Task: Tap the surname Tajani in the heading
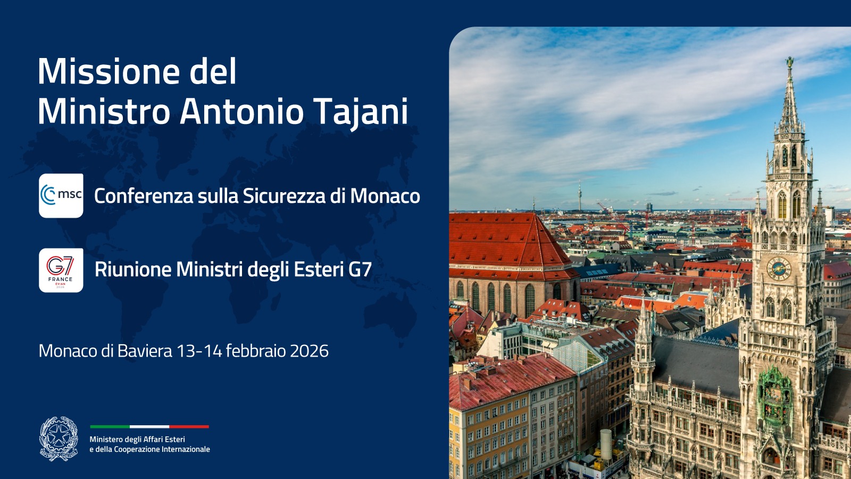361,112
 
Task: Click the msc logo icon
61,195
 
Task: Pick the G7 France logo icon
61,270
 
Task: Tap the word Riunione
133,269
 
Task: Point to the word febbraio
247,351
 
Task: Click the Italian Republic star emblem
59,439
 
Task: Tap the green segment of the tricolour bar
110,426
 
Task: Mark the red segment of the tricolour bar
189,426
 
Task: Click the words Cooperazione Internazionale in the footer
162,450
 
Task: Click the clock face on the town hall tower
778,268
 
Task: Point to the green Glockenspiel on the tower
774,397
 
